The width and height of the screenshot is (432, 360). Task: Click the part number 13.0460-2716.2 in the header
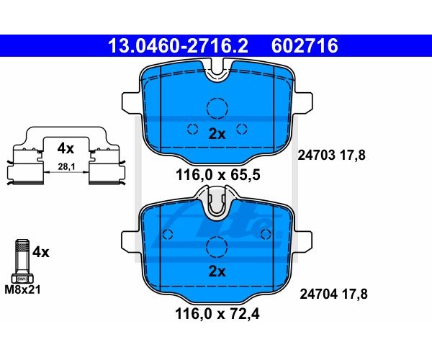[x=179, y=46]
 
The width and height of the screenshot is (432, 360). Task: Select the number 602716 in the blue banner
[x=305, y=46]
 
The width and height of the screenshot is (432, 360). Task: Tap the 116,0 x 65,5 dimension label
[x=217, y=175]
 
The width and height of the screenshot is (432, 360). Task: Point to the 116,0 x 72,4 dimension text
[x=217, y=314]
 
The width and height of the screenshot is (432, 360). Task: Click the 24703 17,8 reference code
[x=331, y=155]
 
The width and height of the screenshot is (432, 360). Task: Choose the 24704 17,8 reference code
[x=333, y=294]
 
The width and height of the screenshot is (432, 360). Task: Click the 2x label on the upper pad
[x=217, y=134]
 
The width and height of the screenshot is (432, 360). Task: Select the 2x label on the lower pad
[x=217, y=271]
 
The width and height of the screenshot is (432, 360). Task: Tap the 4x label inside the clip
[x=66, y=148]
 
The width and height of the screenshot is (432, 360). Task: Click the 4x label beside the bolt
[x=41, y=252]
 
